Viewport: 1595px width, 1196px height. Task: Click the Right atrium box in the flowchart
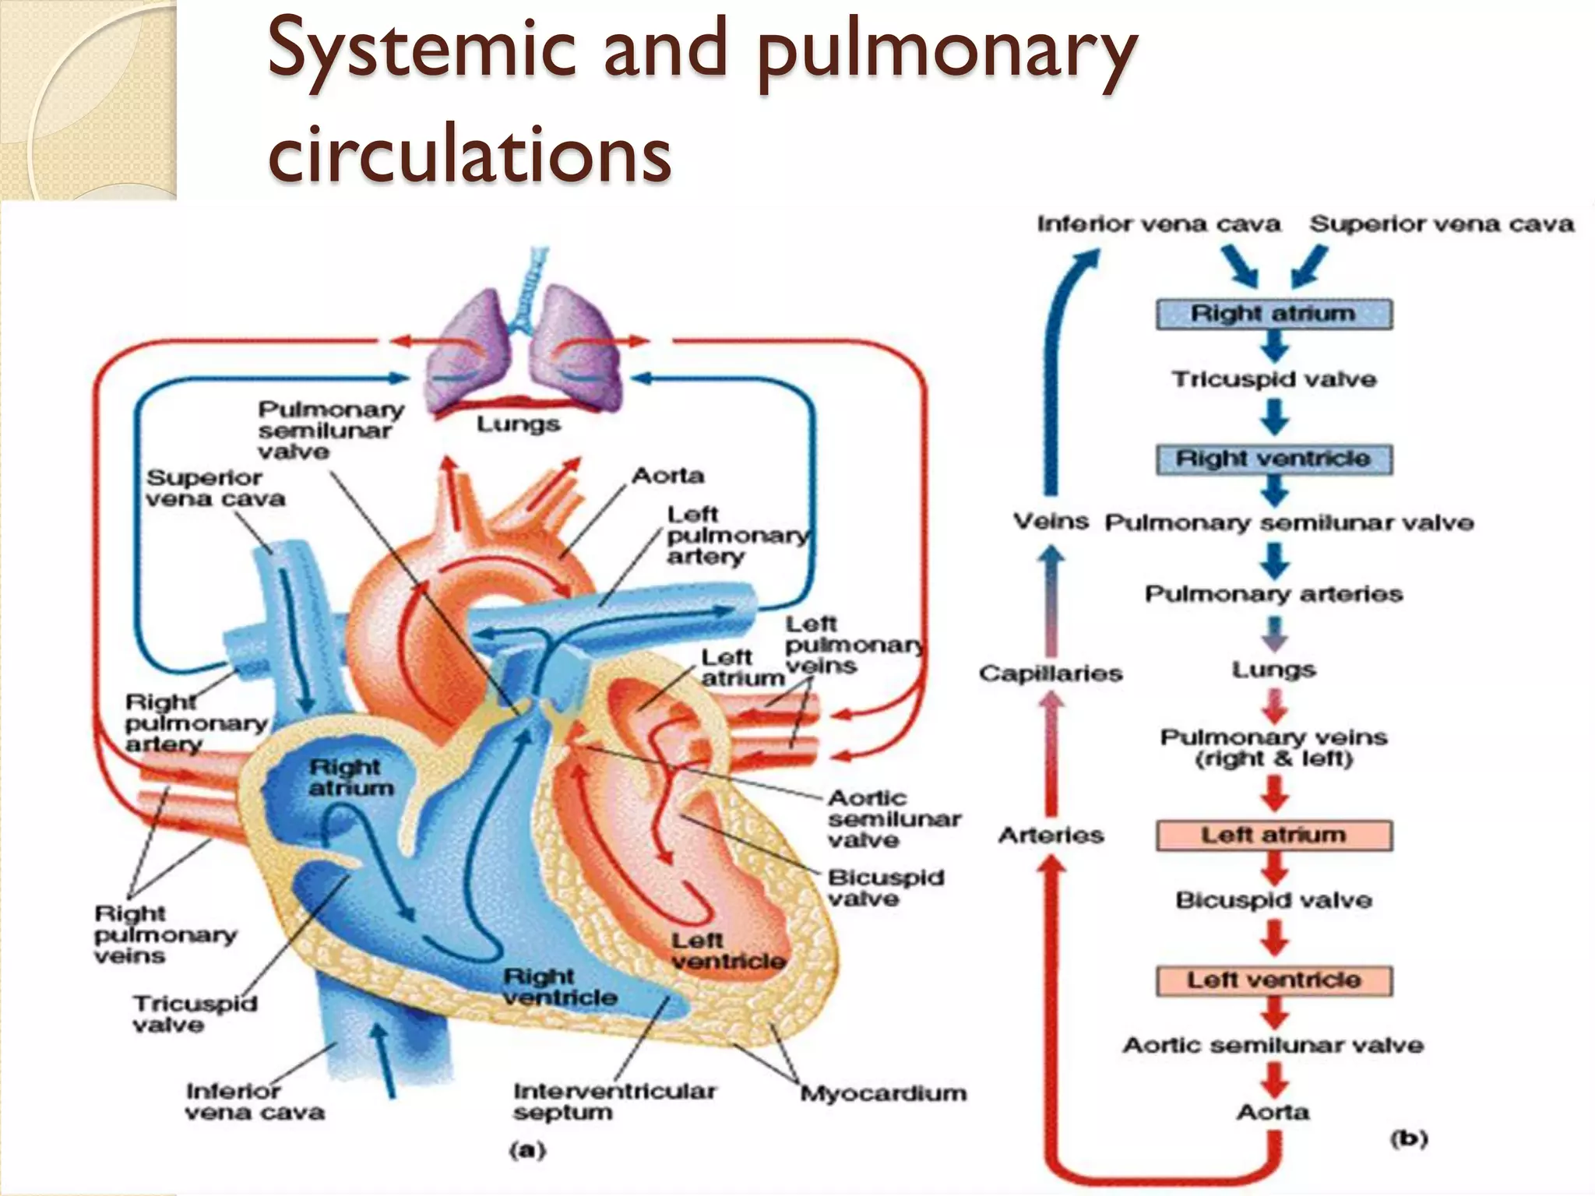[1273, 314]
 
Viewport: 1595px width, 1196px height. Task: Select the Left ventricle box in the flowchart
[1273, 980]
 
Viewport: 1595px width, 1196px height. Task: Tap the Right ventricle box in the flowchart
[1273, 459]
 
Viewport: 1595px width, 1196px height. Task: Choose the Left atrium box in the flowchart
[1273, 835]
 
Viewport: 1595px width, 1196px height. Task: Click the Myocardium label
[883, 1093]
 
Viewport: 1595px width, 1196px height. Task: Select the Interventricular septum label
[613, 1102]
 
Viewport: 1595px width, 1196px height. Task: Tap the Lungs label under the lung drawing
[518, 424]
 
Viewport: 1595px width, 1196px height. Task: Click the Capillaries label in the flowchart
[1051, 674]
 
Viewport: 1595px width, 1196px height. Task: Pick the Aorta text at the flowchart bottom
[1273, 1112]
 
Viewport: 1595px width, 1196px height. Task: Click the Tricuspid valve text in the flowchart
[1274, 379]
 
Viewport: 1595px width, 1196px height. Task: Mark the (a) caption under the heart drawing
[527, 1150]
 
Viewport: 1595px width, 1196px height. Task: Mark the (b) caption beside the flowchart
[1409, 1139]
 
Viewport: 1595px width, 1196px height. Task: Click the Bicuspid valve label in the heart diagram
[885, 888]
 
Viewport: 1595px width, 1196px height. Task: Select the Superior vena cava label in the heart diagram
[215, 488]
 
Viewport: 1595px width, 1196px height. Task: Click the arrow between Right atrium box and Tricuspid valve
[1274, 346]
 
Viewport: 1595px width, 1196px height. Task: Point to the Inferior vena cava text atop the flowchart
[1158, 224]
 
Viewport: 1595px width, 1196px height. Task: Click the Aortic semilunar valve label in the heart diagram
[893, 818]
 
